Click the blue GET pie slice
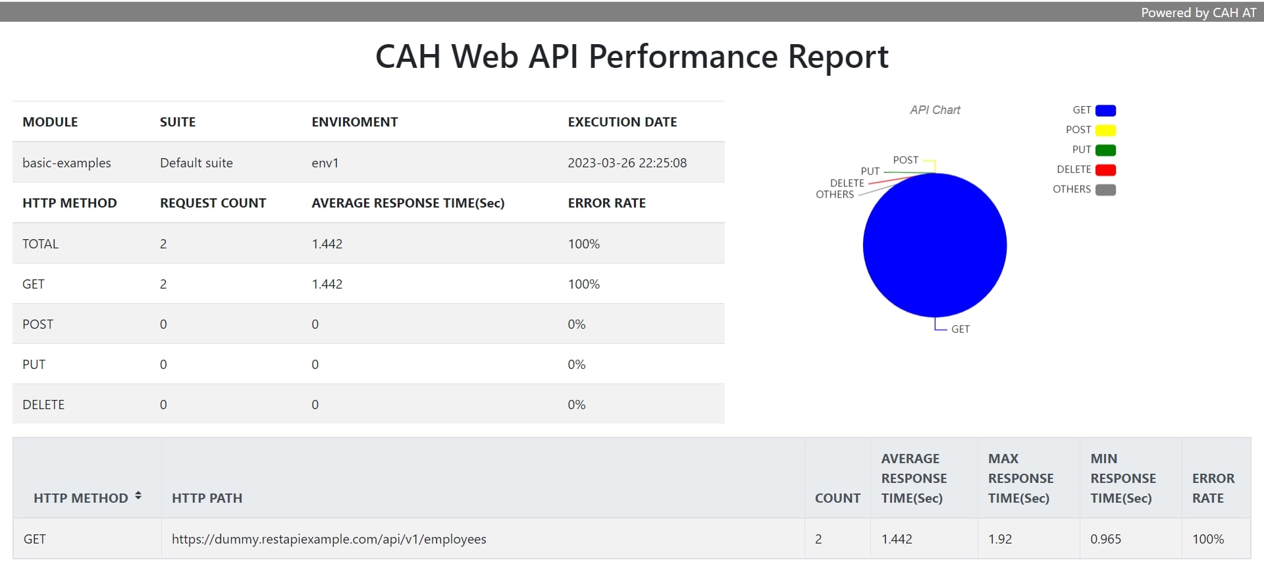point(934,245)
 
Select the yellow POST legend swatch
point(1105,130)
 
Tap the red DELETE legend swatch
point(1105,170)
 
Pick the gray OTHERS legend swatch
point(1105,190)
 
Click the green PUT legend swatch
point(1105,150)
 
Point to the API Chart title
point(935,110)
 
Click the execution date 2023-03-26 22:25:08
point(627,163)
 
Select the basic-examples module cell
point(66,163)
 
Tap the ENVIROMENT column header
point(354,122)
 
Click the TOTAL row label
point(40,244)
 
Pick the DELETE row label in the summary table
point(43,405)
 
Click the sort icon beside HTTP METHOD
point(138,495)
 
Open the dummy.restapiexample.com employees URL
point(329,539)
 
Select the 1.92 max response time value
point(999,539)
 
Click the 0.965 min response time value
point(1105,539)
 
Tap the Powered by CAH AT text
point(1198,13)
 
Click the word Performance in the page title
point(683,57)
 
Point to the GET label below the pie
point(960,329)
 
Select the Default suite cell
point(196,163)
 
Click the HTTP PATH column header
point(207,498)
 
